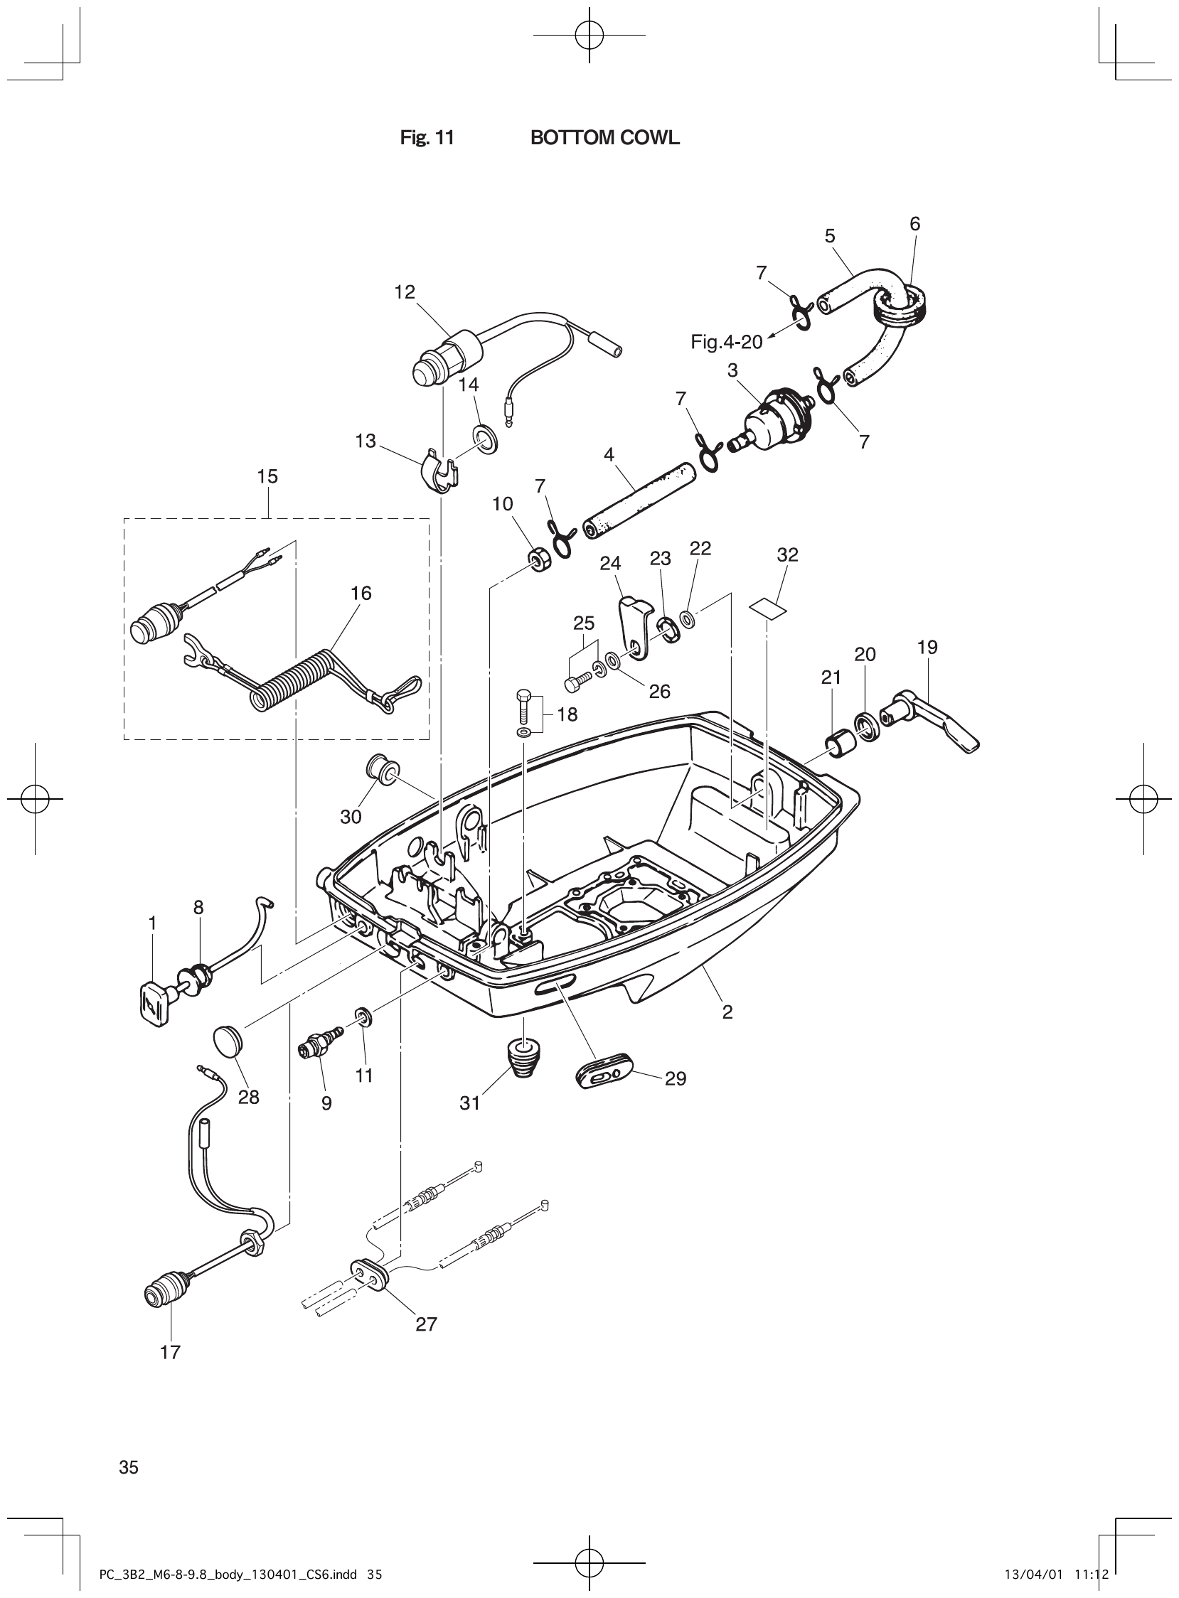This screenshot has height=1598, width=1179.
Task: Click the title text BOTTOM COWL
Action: (x=604, y=139)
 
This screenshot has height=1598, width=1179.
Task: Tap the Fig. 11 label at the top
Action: (x=427, y=139)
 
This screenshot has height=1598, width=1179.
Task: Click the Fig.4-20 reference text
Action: (x=726, y=343)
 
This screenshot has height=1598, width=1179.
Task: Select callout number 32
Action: (x=787, y=554)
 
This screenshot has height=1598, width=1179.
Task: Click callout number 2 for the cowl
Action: (x=727, y=1012)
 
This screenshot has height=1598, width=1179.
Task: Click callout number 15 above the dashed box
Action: (x=267, y=476)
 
